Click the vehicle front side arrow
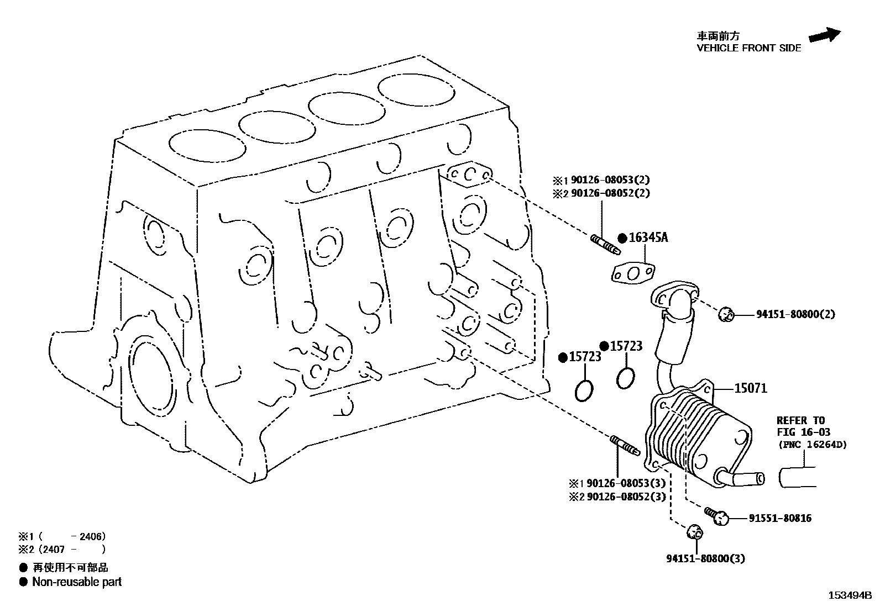pyautogui.click(x=824, y=35)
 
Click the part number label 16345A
pyautogui.click(x=648, y=237)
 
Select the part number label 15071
pyautogui.click(x=750, y=388)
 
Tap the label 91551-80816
pyautogui.click(x=780, y=518)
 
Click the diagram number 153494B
pyautogui.click(x=848, y=596)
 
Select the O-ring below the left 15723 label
pyautogui.click(x=584, y=390)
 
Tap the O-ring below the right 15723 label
pyautogui.click(x=626, y=378)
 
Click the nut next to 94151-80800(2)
pyautogui.click(x=725, y=315)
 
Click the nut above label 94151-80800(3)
pyautogui.click(x=694, y=533)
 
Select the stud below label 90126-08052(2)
pyautogui.click(x=604, y=244)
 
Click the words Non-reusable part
pyautogui.click(x=77, y=582)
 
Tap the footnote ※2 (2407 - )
pyautogui.click(x=61, y=549)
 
